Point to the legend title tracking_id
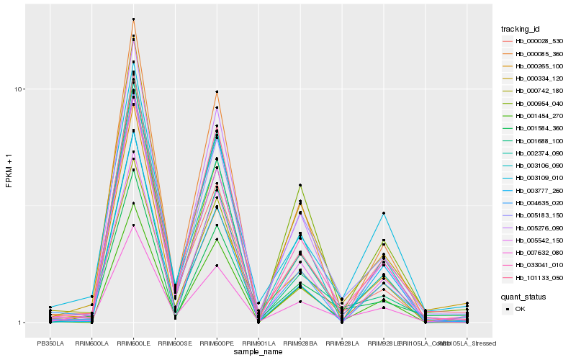point(521,29)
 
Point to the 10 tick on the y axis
point(21,89)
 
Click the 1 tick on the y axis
point(23,323)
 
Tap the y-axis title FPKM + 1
point(9,171)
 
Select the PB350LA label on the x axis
point(50,343)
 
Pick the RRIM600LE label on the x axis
point(133,343)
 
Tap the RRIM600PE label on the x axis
point(217,343)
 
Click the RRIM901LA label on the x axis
point(258,343)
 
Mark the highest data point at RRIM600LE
point(133,19)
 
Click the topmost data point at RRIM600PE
point(217,92)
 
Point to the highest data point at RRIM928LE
point(384,213)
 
